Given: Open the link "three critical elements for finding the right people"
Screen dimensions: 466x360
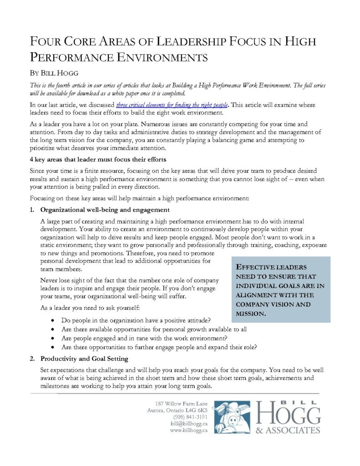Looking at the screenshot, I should click(172, 105).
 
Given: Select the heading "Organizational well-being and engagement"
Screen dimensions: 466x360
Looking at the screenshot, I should click(105, 210).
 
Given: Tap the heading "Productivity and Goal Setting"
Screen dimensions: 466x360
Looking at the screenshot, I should click(84, 359).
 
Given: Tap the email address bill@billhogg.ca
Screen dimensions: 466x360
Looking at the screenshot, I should click(189, 424).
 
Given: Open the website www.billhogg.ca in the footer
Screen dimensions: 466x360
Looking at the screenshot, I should click(188, 431).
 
